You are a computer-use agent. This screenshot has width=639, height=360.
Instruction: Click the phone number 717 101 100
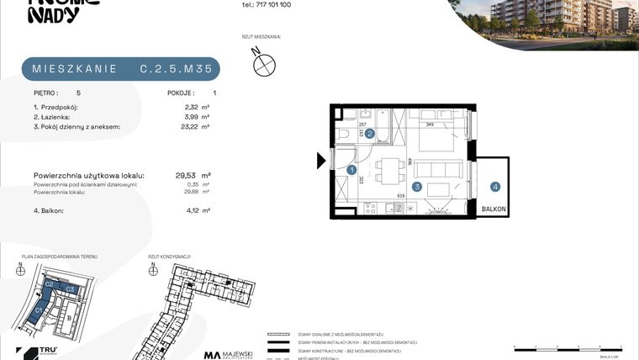click(x=267, y=4)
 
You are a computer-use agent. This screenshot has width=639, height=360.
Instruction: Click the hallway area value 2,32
click(x=191, y=108)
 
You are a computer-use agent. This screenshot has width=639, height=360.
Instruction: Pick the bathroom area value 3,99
click(x=191, y=117)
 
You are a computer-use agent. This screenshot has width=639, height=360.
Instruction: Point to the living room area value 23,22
click(x=189, y=127)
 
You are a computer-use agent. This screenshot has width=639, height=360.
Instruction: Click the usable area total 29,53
click(x=185, y=175)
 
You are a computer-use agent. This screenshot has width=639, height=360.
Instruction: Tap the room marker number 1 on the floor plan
click(x=351, y=170)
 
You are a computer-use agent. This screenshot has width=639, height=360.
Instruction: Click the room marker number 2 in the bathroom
click(x=369, y=133)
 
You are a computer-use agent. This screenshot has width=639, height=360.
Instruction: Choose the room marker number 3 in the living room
click(x=416, y=187)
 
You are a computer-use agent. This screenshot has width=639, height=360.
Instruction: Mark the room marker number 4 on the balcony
click(x=495, y=187)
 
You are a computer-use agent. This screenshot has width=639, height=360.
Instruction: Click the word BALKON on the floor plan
click(x=494, y=210)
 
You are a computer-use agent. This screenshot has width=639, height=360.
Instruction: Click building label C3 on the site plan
click(x=71, y=290)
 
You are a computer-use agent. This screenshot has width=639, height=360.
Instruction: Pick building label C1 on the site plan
click(x=38, y=310)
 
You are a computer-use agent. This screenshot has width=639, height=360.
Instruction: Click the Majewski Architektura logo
click(x=229, y=355)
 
